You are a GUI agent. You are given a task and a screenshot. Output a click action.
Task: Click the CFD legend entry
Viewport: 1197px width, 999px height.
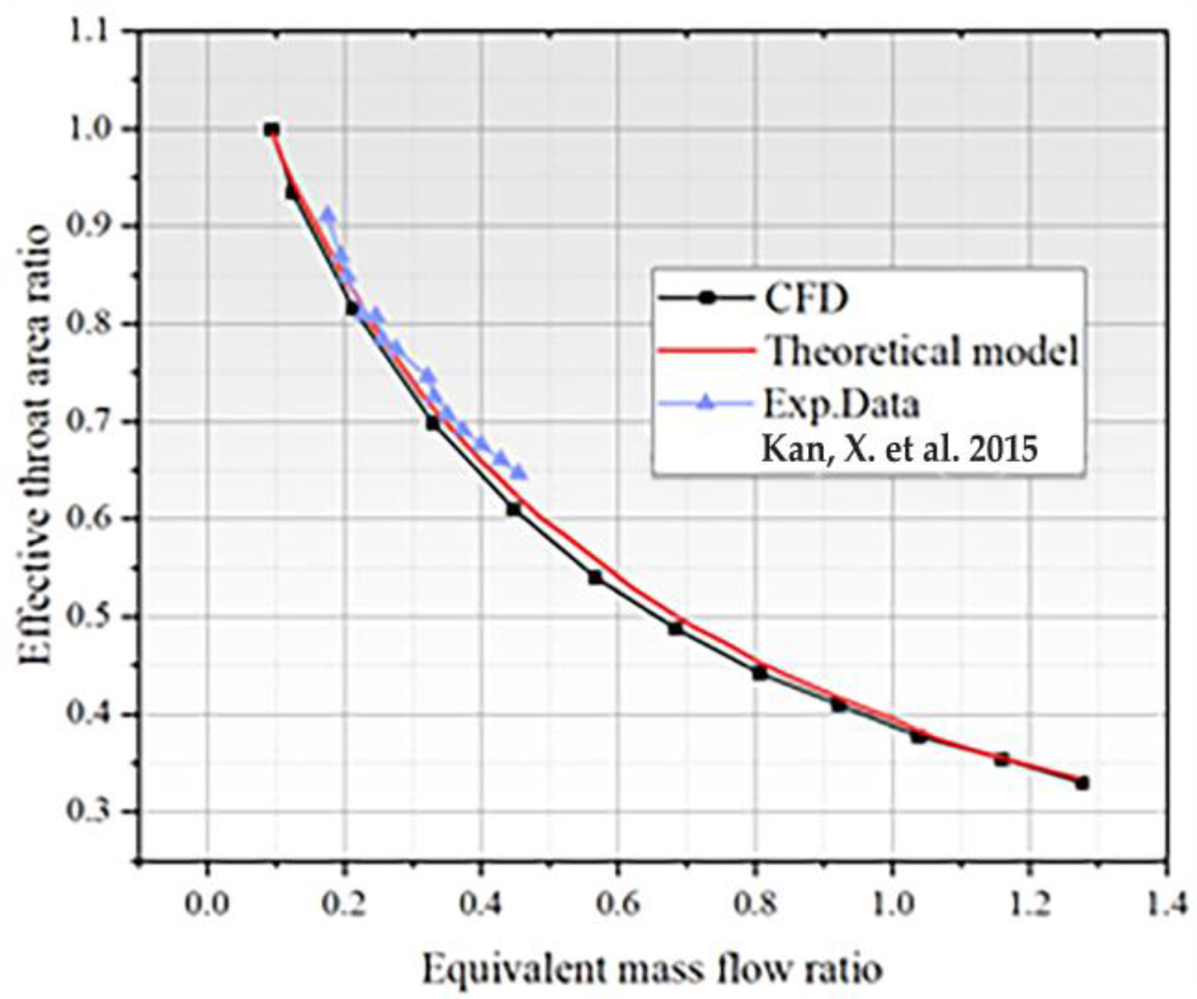point(805,299)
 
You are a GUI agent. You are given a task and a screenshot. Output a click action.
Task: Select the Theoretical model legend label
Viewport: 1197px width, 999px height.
point(922,351)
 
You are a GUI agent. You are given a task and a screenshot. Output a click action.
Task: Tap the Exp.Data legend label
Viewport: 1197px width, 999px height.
point(841,405)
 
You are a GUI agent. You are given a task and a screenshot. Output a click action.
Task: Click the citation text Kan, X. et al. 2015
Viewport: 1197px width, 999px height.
point(899,449)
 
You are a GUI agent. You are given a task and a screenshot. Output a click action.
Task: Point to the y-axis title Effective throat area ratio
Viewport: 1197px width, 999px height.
point(34,444)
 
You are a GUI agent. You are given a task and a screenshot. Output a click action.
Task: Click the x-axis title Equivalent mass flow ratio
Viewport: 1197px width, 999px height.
point(652,969)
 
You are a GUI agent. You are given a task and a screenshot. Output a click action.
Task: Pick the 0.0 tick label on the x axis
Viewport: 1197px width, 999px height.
point(207,904)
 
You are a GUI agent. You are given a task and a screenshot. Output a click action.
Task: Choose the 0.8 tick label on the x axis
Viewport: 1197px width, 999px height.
point(755,904)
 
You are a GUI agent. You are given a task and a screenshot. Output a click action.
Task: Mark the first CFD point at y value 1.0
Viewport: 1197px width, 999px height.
point(272,130)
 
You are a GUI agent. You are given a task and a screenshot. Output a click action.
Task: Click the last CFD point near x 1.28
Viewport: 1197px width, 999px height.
point(1082,783)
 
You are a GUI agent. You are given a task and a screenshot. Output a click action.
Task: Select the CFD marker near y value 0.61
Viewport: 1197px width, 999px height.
point(513,509)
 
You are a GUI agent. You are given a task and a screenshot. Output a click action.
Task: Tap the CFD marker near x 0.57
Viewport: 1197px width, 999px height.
point(595,577)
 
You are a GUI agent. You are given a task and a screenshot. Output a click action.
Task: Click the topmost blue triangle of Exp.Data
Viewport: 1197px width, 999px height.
point(328,215)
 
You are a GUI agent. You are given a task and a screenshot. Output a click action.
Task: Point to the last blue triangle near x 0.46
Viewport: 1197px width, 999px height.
point(520,473)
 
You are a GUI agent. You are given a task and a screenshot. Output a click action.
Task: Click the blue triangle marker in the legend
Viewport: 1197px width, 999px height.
point(706,404)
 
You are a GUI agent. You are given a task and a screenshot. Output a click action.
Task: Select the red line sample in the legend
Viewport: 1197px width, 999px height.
point(706,351)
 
